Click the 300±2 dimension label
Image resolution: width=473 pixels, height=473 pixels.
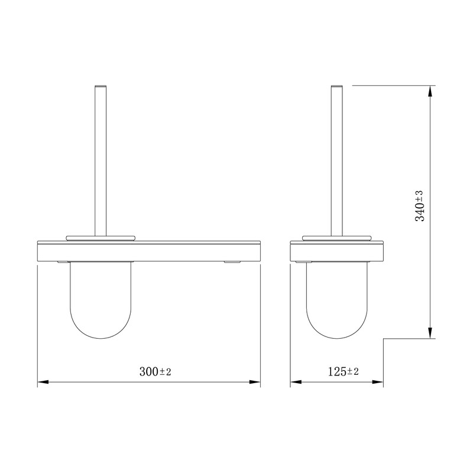point(155,371)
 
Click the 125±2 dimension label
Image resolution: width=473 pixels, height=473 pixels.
point(344,371)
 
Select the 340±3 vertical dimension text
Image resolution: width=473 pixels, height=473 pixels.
point(419,206)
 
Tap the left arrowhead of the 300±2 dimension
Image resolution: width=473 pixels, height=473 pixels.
point(43,382)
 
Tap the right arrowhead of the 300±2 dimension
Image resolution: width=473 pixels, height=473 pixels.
point(255,382)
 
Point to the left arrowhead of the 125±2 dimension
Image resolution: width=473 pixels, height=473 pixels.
point(296,382)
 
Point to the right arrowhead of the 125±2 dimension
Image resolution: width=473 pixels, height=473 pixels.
point(378,382)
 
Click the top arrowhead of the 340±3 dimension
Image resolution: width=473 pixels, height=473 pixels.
point(430,91)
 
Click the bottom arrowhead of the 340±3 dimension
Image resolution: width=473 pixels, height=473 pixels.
point(430,333)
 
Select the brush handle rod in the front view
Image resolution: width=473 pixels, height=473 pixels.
point(101,161)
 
